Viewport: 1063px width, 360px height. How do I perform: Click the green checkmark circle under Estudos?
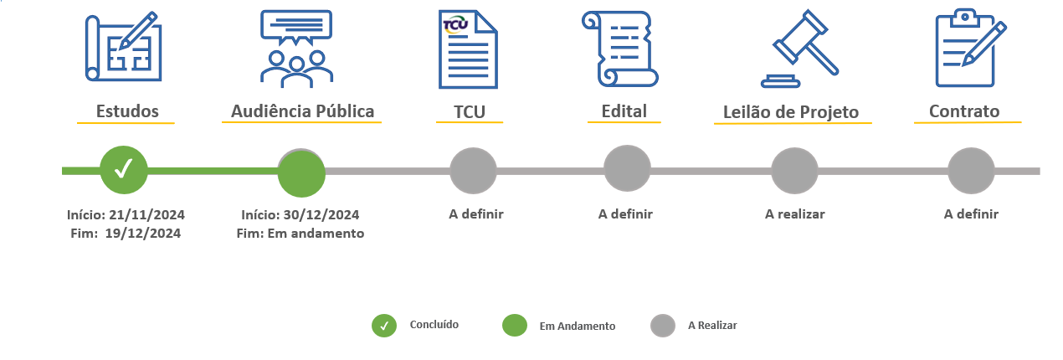tap(124, 170)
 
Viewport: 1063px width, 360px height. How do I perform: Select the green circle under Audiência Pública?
tap(301, 172)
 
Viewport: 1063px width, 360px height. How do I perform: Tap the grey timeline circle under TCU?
tap(474, 171)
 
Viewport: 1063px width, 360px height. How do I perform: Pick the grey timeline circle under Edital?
tap(627, 168)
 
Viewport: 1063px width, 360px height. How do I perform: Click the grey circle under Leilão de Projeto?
tap(794, 171)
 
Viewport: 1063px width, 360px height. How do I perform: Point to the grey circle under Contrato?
tap(971, 171)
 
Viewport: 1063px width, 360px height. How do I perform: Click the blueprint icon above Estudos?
tap(124, 47)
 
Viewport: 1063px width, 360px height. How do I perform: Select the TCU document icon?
tap(468, 49)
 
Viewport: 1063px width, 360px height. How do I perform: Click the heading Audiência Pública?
tap(302, 111)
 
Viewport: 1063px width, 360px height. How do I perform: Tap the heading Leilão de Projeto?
tap(791, 112)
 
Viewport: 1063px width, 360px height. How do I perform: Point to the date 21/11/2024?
tap(146, 215)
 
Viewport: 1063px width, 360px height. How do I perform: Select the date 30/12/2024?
tap(321, 215)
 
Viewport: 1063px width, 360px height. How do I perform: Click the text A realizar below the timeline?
tap(794, 214)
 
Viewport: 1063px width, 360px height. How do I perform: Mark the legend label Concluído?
tap(434, 325)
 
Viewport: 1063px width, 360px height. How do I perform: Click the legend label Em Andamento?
tap(577, 327)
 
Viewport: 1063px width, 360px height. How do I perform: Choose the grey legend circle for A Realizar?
tap(663, 326)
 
